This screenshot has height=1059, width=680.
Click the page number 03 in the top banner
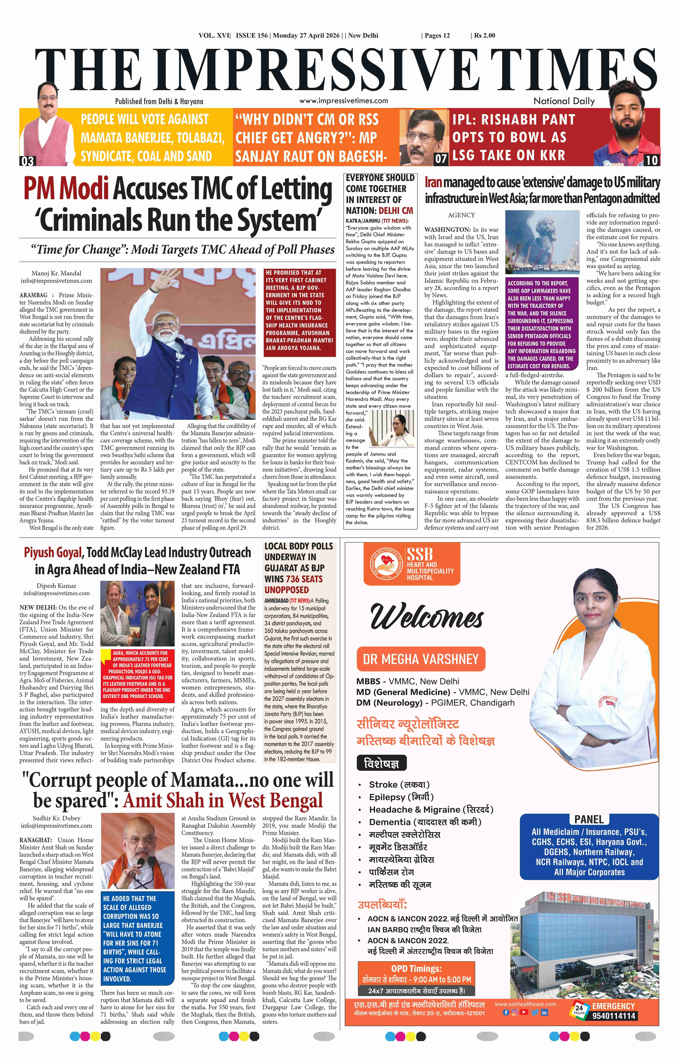click(27, 161)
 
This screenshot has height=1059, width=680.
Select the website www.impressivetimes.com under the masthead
click(343, 101)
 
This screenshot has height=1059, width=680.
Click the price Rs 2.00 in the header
click(485, 35)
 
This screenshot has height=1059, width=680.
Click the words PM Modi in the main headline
click(66, 189)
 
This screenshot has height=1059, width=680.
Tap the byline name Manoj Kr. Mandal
click(57, 273)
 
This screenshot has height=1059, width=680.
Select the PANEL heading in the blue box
click(589, 819)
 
